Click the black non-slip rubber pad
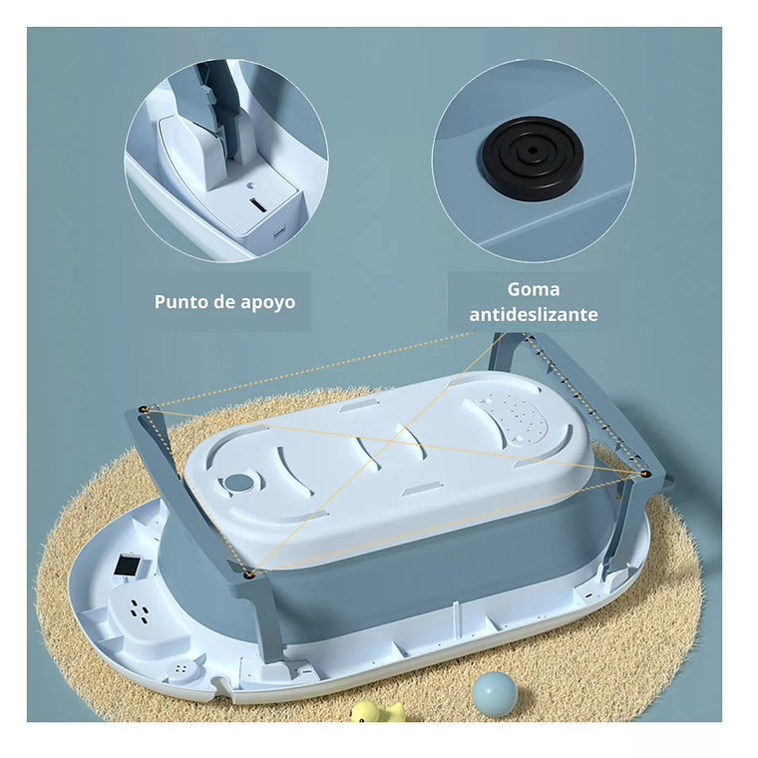[532, 157]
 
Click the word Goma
[534, 289]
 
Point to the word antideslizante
[534, 315]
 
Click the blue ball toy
[495, 693]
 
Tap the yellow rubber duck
[377, 711]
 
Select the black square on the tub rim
[128, 566]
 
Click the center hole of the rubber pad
[533, 151]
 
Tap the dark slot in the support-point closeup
[258, 205]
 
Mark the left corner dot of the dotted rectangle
[144, 409]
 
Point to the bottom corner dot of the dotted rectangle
[249, 574]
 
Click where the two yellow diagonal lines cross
[392, 442]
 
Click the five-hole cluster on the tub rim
[140, 610]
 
